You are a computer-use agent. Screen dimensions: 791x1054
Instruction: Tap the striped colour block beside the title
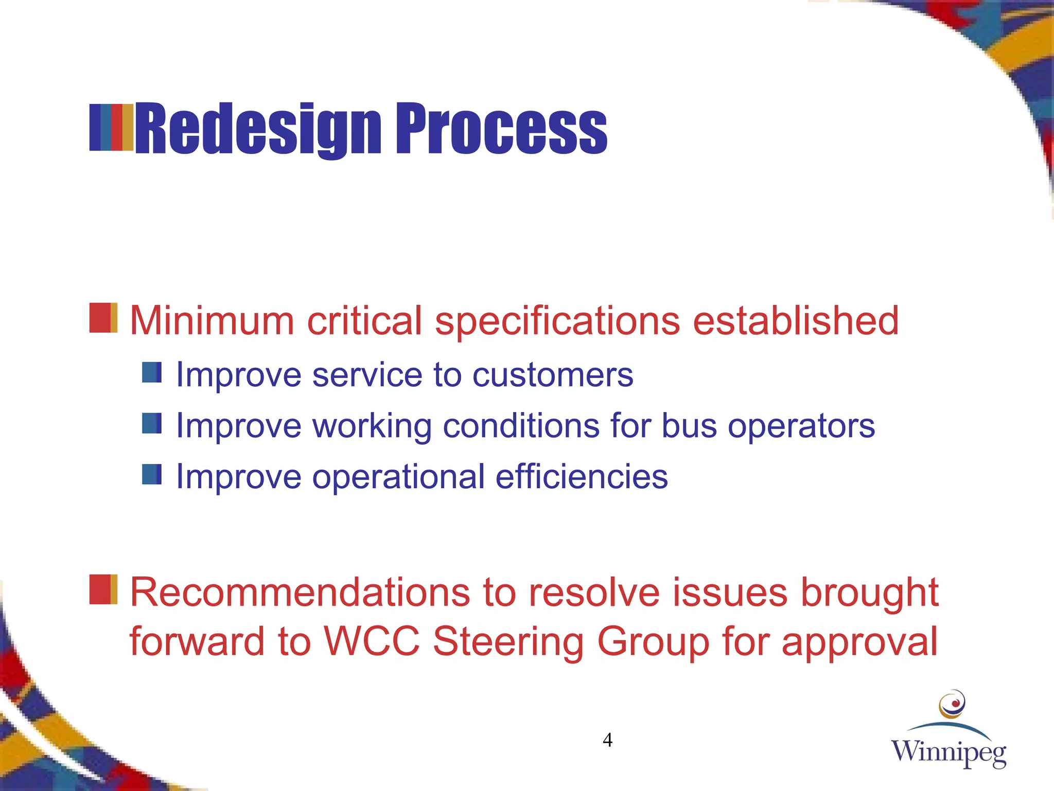coord(111,127)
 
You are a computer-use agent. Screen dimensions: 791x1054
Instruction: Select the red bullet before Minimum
coord(103,318)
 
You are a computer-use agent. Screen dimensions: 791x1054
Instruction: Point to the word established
coord(795,320)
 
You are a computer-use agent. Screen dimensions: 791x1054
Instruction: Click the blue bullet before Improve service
coord(152,372)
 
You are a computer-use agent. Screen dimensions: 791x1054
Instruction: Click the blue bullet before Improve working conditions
coord(152,423)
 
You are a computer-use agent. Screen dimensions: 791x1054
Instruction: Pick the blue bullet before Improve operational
coord(152,474)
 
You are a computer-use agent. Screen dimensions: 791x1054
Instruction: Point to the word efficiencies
coord(581,476)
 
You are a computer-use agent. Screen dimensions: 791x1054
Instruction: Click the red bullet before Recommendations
coord(103,590)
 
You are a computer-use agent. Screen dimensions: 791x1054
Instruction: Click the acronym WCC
coord(372,641)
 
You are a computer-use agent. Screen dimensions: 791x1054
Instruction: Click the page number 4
coord(607,740)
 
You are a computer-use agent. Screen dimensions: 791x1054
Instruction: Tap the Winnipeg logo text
coord(948,752)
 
